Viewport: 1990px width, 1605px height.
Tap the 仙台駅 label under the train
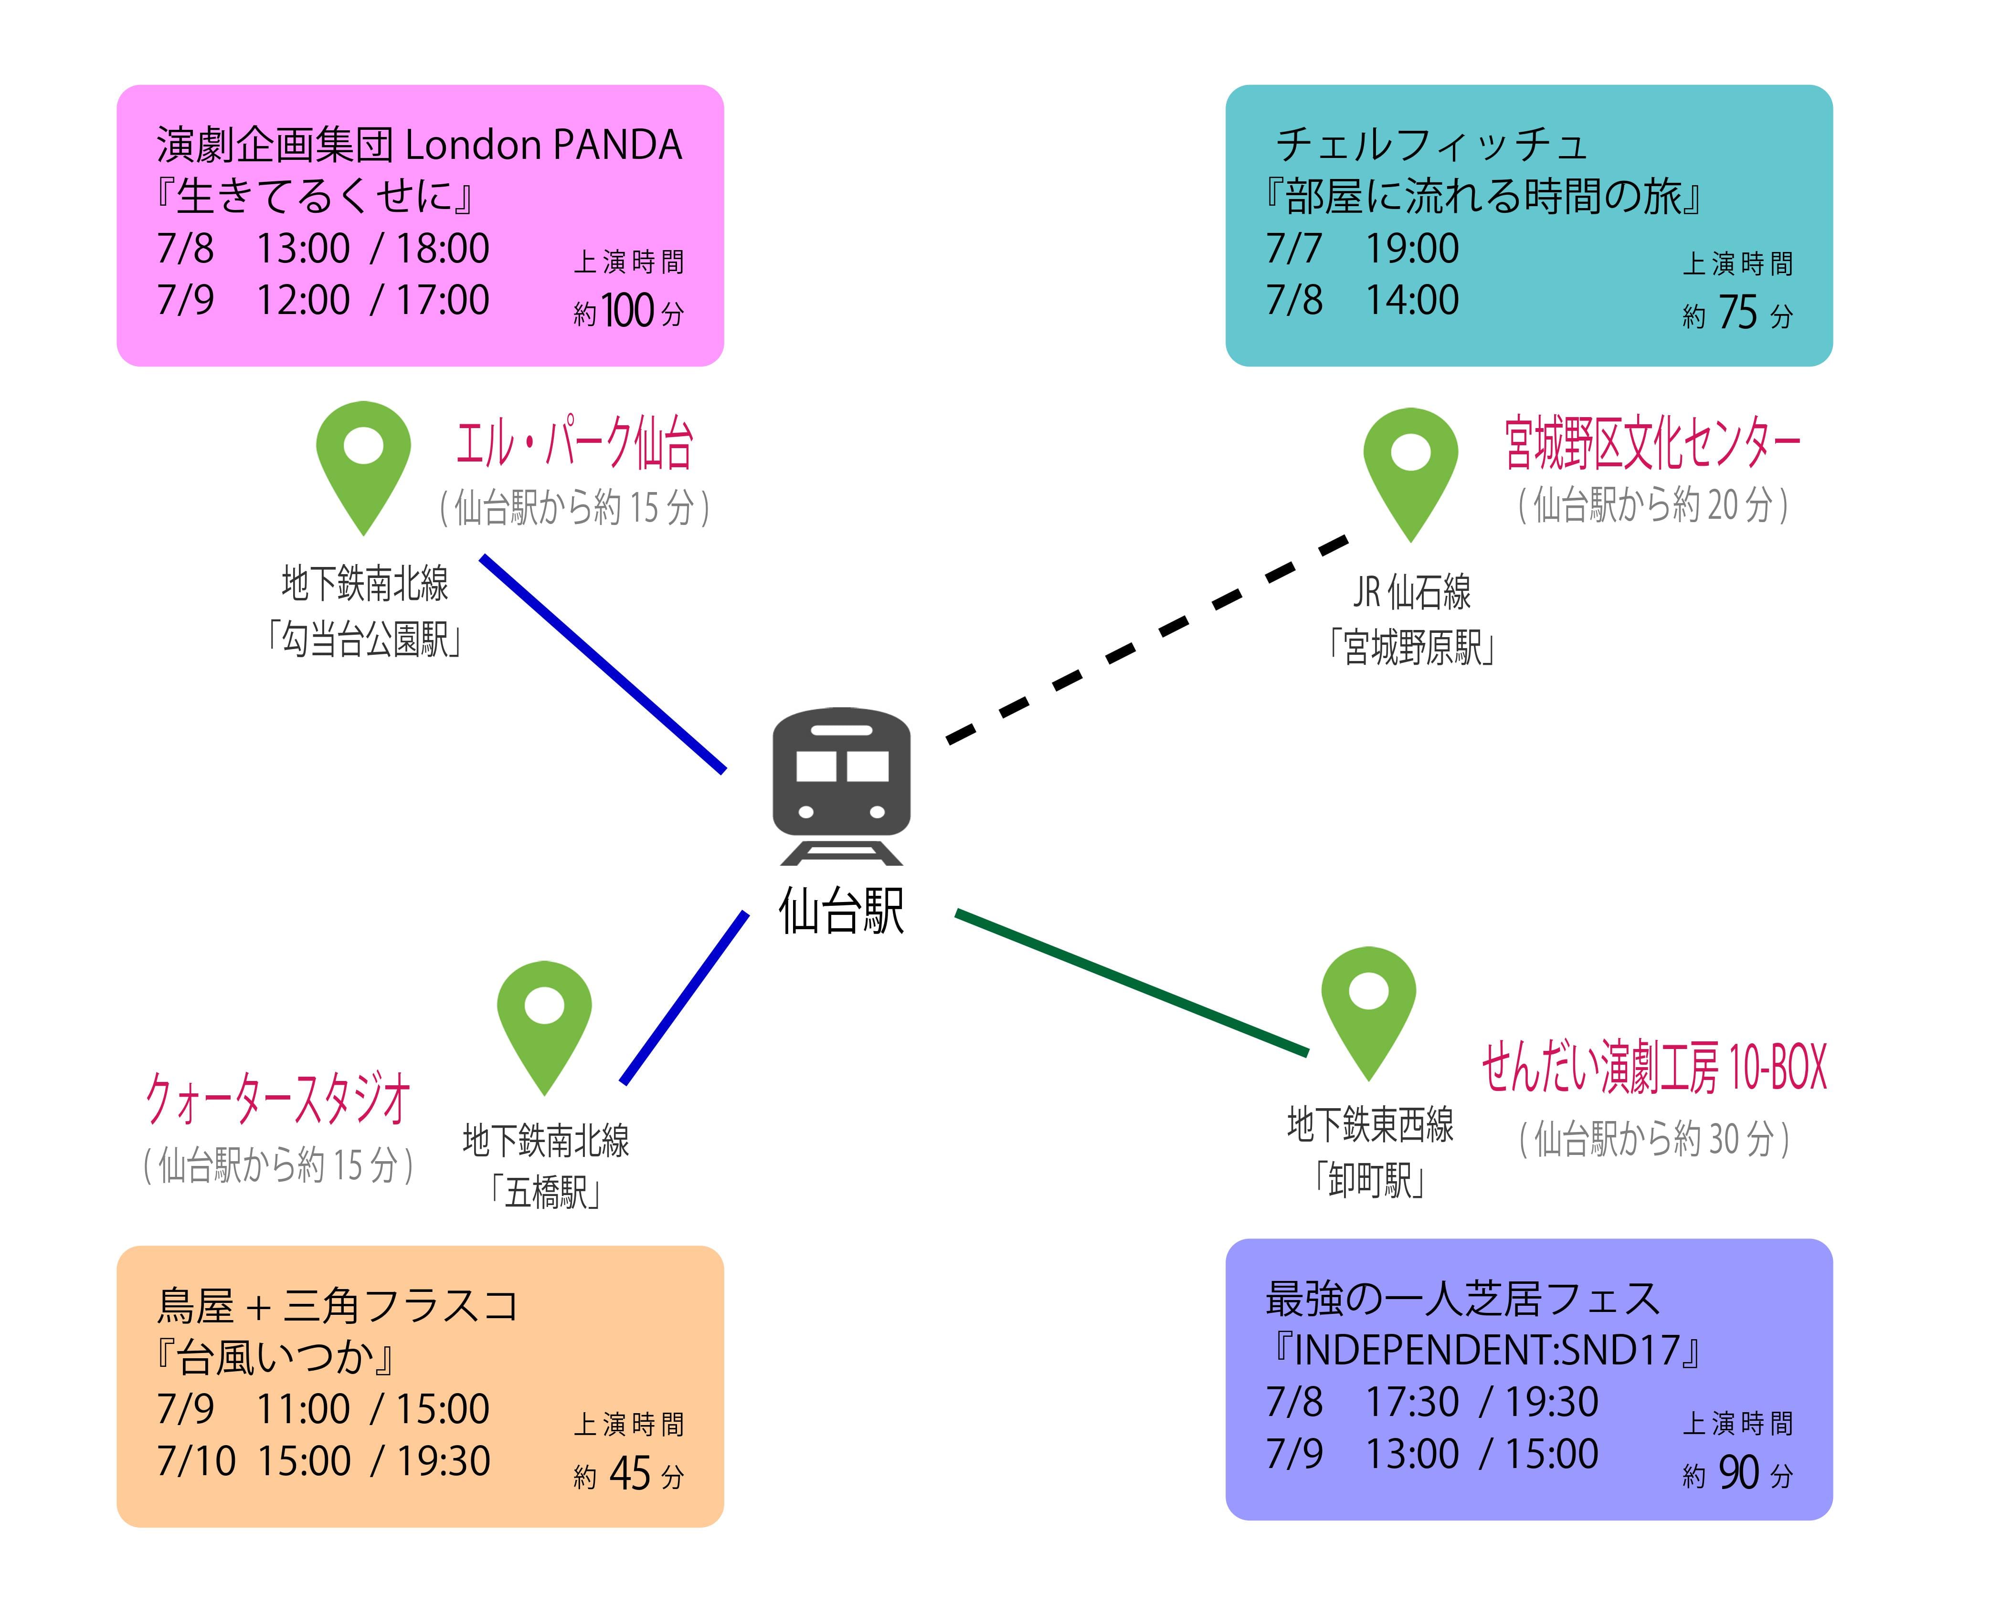(x=841, y=911)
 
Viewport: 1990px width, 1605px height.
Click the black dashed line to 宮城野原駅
(x=1147, y=638)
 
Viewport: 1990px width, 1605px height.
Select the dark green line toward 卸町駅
(x=1131, y=982)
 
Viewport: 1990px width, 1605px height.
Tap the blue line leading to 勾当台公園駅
(x=603, y=663)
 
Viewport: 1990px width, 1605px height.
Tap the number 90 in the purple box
(x=1737, y=1472)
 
